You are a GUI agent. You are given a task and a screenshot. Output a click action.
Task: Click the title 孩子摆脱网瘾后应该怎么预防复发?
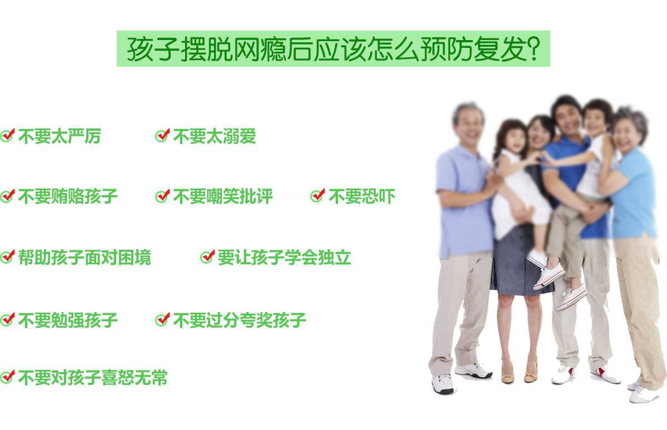[x=333, y=49]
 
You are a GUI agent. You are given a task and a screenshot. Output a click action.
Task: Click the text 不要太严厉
[x=59, y=136]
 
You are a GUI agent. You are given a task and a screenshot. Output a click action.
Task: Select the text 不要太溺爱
[x=215, y=136]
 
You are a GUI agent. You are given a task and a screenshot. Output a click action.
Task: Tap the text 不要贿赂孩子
[x=68, y=196]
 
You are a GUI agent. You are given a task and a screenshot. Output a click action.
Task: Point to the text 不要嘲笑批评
[x=223, y=196]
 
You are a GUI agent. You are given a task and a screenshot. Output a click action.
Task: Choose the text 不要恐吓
[x=362, y=196]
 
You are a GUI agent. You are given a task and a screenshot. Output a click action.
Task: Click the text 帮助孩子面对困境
[x=84, y=257]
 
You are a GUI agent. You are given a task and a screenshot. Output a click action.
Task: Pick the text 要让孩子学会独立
[x=285, y=257]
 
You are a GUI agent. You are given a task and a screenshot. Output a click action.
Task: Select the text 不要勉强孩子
[x=68, y=320]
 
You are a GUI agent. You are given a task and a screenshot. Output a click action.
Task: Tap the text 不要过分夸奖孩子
[x=240, y=320]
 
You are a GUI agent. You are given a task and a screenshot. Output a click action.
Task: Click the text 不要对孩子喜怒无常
[x=93, y=378]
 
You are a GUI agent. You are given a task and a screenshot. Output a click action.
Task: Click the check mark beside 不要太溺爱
[x=162, y=136]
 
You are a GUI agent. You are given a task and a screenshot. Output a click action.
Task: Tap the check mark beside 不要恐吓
[x=318, y=196]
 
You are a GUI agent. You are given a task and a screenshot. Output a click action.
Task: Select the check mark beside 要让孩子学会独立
[x=207, y=256]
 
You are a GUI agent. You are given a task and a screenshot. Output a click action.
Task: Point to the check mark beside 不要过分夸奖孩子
[x=162, y=319]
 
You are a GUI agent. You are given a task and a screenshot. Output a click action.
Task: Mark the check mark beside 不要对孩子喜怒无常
[x=8, y=377]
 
